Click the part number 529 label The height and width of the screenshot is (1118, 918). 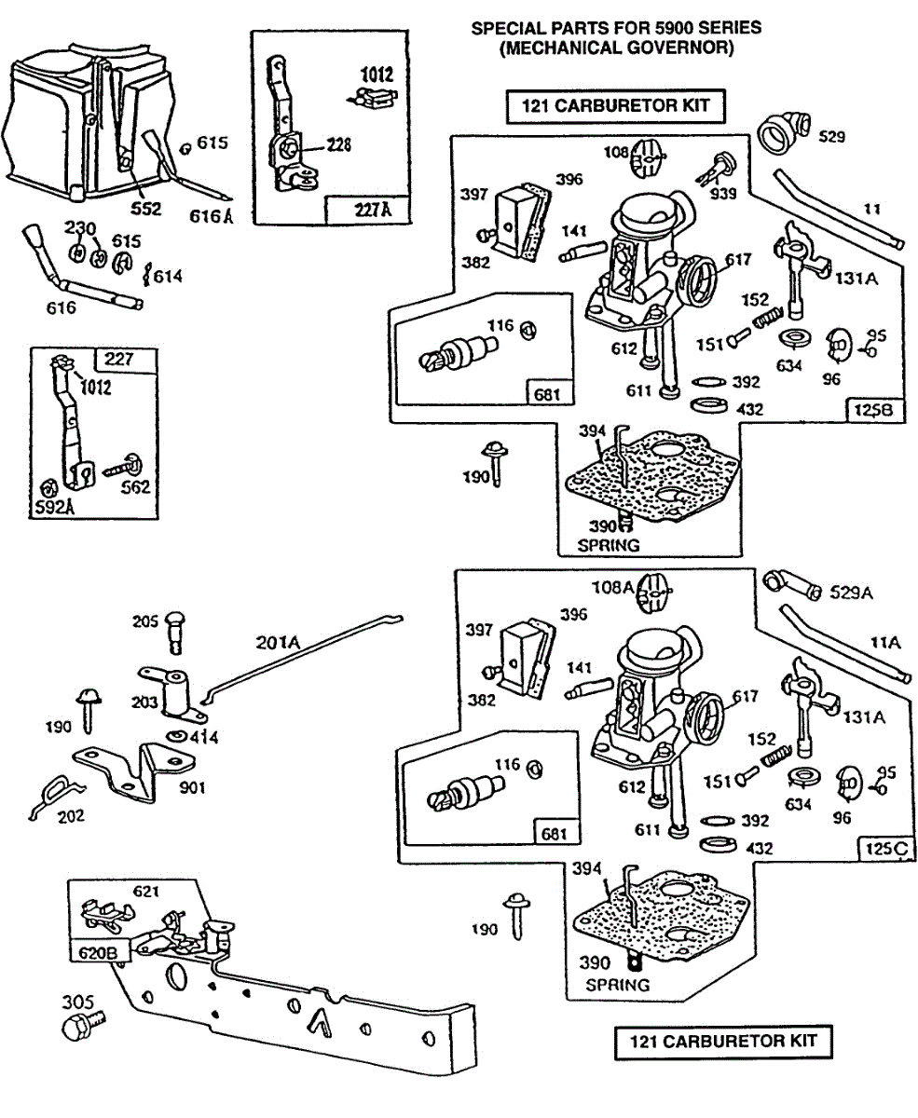(x=832, y=137)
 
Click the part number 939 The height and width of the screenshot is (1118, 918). (x=723, y=193)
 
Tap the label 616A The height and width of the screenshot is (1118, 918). (x=214, y=216)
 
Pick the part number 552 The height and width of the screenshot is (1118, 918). (x=144, y=209)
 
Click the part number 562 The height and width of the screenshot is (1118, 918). (x=135, y=487)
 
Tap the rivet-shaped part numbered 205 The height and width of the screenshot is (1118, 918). (x=176, y=633)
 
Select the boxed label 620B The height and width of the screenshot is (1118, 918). (x=92, y=951)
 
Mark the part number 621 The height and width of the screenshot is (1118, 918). (x=146, y=892)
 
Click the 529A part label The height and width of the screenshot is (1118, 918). (x=853, y=593)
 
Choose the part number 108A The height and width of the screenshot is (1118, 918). (x=613, y=587)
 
